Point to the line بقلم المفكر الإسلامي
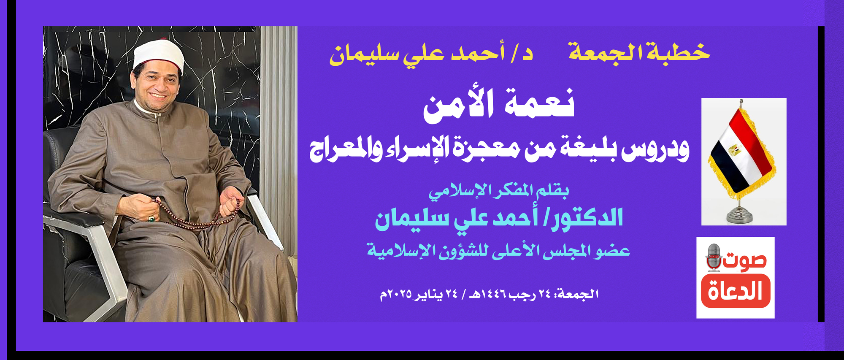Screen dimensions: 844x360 pyautogui.click(x=499, y=191)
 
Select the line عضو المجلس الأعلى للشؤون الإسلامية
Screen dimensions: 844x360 pyautogui.click(x=498, y=251)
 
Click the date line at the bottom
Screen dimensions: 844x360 pyautogui.click(x=490, y=294)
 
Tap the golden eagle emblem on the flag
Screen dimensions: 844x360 pyautogui.click(x=735, y=149)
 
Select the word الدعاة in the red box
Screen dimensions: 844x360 pyautogui.click(x=736, y=291)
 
